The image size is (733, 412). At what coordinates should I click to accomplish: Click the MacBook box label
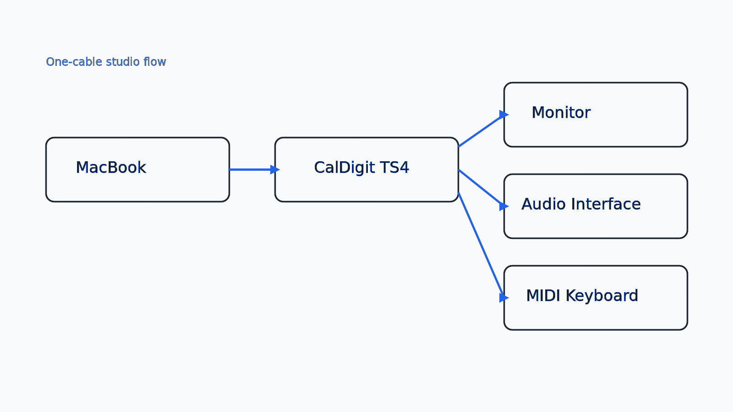111,168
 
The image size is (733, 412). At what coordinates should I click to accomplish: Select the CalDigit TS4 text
361,168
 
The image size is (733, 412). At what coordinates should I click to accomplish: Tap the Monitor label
561,113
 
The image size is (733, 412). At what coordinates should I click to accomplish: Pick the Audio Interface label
581,204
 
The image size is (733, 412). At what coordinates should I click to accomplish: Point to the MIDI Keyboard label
582,296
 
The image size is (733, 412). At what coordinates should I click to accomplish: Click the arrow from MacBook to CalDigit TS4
250,169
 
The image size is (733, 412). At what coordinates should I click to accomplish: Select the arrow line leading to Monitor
479,132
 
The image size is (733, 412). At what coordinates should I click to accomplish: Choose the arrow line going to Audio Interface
479,186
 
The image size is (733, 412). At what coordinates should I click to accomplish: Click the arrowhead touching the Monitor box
503,114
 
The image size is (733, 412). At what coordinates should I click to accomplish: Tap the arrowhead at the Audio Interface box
503,206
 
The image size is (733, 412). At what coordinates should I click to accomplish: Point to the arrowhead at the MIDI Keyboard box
503,298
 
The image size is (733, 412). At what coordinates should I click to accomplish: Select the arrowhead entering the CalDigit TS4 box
274,169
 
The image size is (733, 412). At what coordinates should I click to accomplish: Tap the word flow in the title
154,62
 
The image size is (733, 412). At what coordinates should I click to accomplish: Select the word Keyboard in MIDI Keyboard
602,296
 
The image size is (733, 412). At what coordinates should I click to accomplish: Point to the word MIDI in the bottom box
543,296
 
